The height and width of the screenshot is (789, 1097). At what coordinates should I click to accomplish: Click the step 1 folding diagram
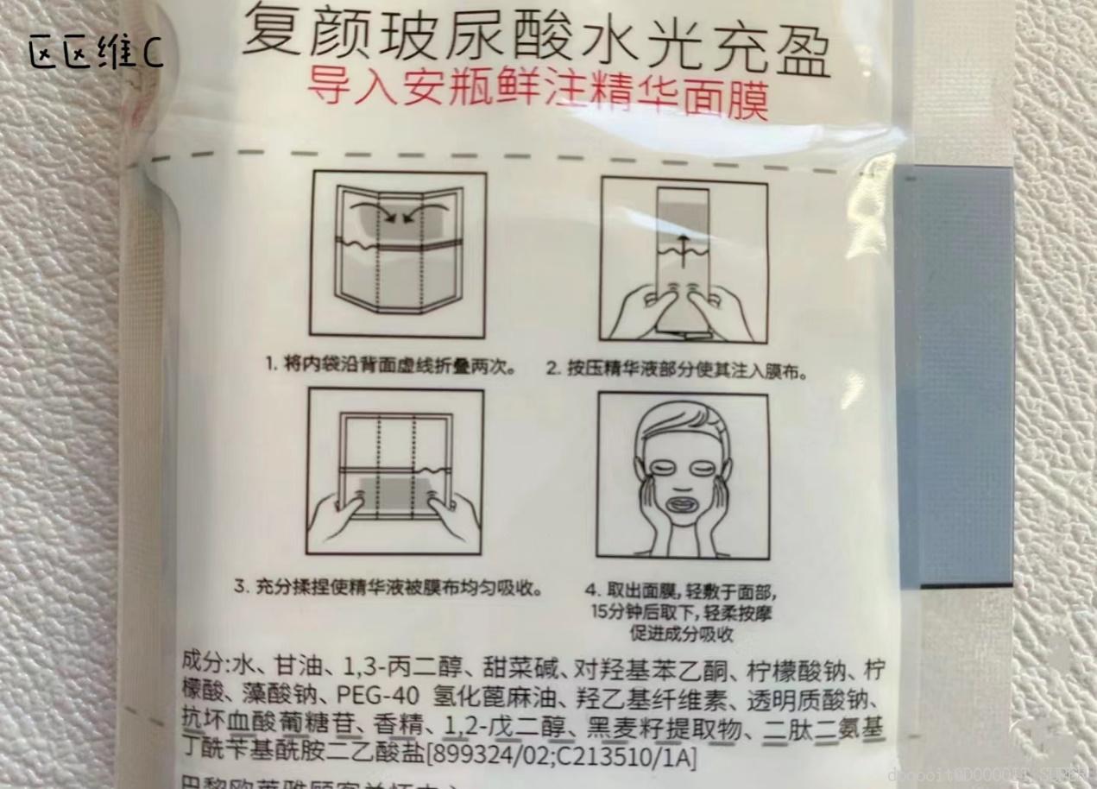tap(398, 253)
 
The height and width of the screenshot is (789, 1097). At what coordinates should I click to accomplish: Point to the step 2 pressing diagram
tap(684, 259)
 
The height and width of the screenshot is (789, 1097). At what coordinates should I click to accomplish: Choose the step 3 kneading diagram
tap(395, 471)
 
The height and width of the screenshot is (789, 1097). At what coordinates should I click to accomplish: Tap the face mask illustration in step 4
tap(683, 476)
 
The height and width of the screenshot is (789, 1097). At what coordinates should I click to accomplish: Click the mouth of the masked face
tap(682, 502)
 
